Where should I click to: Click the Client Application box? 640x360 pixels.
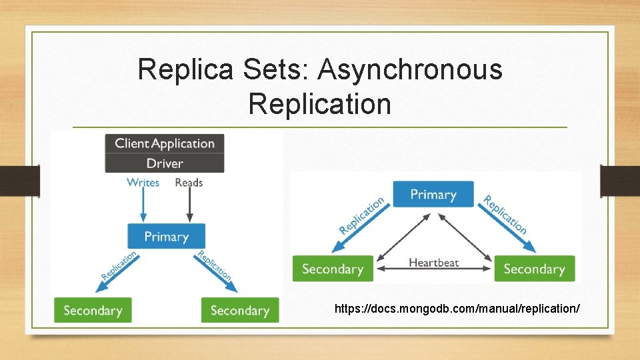point(165,143)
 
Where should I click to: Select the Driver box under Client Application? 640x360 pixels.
point(165,163)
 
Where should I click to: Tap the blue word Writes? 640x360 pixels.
point(143,183)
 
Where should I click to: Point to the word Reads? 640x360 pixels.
point(189,183)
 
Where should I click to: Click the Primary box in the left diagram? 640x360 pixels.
point(166,237)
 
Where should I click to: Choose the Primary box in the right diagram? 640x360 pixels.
point(433,195)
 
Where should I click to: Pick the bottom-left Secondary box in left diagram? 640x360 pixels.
point(93,311)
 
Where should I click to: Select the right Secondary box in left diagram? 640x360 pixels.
point(240,311)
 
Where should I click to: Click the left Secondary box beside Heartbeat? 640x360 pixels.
point(333,269)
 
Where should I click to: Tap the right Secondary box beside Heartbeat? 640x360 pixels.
point(534,269)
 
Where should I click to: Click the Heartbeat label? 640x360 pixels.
point(433,263)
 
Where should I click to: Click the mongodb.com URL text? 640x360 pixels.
point(457,309)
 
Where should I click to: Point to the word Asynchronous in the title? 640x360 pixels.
point(410,69)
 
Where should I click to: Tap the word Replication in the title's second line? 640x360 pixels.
point(319,104)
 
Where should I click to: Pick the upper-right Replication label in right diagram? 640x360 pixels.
point(505,215)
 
